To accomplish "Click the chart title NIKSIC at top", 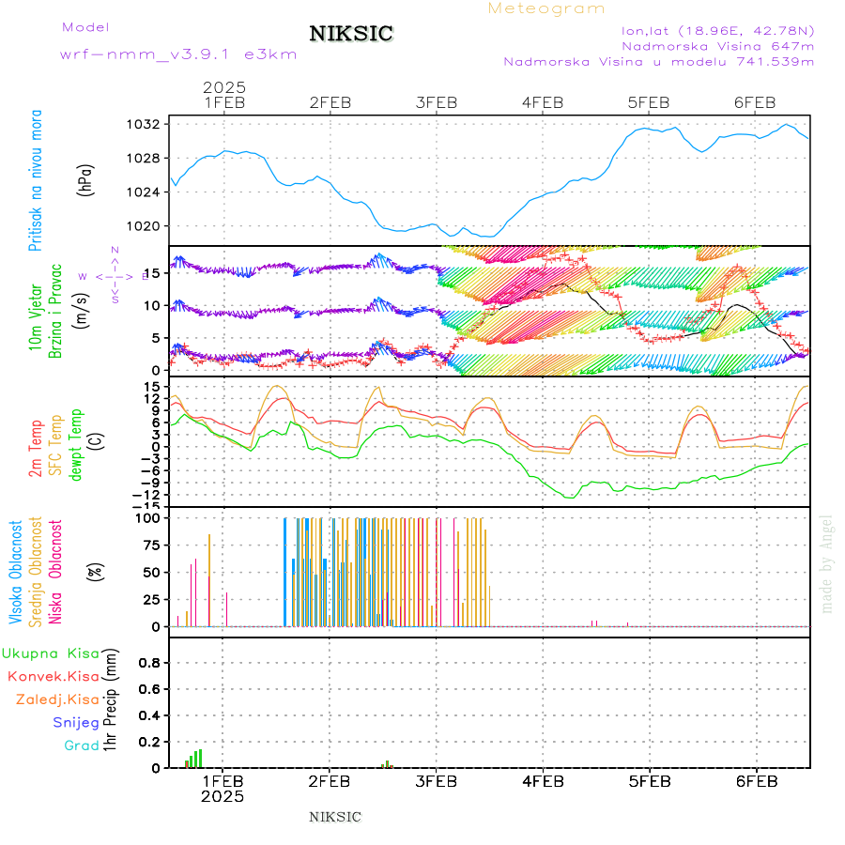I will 351,35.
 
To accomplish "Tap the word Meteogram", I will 546,8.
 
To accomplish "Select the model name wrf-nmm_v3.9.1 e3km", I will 177,54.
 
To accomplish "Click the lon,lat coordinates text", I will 717,30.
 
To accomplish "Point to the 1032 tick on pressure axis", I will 146,124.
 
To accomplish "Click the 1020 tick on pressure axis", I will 146,226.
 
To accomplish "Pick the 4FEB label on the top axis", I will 543,102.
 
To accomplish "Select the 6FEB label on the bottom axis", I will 756,781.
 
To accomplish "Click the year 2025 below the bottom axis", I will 223,796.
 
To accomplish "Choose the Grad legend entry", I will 82,745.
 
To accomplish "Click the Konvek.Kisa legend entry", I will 53,676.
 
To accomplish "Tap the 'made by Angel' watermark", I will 827,562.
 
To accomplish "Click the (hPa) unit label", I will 86,178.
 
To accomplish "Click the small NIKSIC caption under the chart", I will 335,817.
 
